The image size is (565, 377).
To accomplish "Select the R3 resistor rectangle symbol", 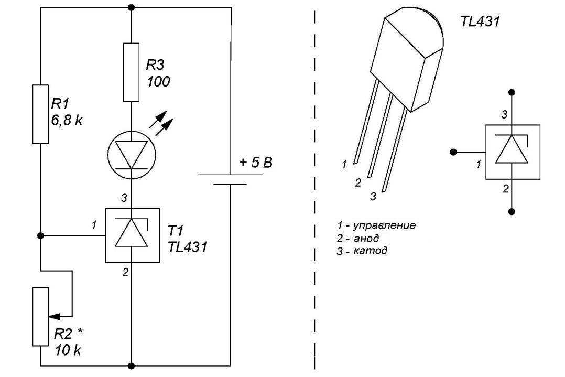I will click(x=131, y=72).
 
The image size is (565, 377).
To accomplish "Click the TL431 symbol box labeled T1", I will click(x=131, y=236).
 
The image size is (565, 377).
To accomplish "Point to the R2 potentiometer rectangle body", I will click(x=40, y=316).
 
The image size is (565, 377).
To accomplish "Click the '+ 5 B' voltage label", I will click(x=256, y=163).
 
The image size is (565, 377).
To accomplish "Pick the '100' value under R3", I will click(x=158, y=81).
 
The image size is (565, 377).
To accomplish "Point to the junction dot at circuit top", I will click(x=131, y=7).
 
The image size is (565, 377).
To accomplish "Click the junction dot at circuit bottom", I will click(x=131, y=365).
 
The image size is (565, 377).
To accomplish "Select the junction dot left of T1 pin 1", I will click(x=40, y=236).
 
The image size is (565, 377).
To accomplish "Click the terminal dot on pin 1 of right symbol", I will click(x=453, y=152).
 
